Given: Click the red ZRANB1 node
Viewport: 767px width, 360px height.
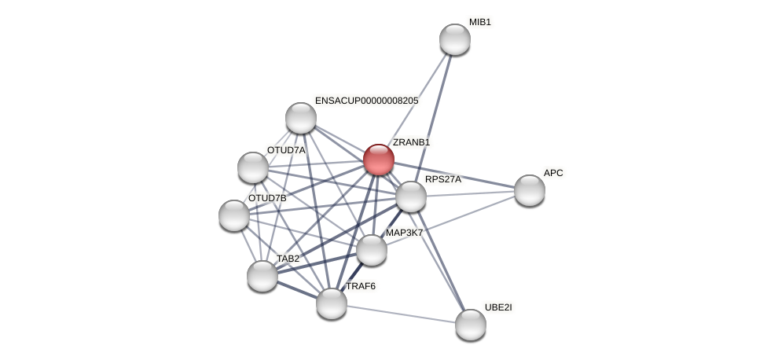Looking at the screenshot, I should pyautogui.click(x=378, y=160).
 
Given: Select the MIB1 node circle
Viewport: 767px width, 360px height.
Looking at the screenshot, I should pyautogui.click(x=454, y=39).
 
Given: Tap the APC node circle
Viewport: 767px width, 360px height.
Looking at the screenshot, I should pyautogui.click(x=529, y=190).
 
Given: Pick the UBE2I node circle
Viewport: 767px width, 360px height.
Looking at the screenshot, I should pyautogui.click(x=470, y=325).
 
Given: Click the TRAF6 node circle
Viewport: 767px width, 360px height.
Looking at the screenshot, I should pyautogui.click(x=332, y=303).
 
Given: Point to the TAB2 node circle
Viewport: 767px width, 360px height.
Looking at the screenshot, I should pyautogui.click(x=262, y=276).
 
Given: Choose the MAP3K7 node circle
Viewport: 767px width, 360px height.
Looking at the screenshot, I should pyautogui.click(x=372, y=250).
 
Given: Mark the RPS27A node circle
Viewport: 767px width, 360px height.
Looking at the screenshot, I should pyautogui.click(x=410, y=197).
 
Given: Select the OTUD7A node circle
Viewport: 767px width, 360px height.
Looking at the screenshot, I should pyautogui.click(x=253, y=167).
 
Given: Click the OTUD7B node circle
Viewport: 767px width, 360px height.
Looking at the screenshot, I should pyautogui.click(x=234, y=215).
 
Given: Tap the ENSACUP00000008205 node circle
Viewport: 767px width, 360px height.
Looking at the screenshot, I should pyautogui.click(x=301, y=118).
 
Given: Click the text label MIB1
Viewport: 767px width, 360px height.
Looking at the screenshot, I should pyautogui.click(x=479, y=22).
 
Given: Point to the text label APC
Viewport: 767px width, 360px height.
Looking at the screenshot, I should pyautogui.click(x=553, y=173).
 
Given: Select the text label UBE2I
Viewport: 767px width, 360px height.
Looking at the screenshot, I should pyautogui.click(x=498, y=307).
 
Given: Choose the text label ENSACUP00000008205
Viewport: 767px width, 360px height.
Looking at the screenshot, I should pyautogui.click(x=366, y=101).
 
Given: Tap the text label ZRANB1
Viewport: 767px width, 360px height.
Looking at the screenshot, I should pyautogui.click(x=411, y=142).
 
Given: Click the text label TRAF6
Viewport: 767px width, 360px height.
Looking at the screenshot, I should pyautogui.click(x=361, y=286).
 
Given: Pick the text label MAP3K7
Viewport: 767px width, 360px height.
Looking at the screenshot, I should pyautogui.click(x=404, y=233).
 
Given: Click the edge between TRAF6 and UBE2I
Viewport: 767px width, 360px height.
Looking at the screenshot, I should pyautogui.click(x=401, y=314).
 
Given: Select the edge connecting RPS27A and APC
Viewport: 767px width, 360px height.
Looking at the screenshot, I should pyautogui.click(x=470, y=193).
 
